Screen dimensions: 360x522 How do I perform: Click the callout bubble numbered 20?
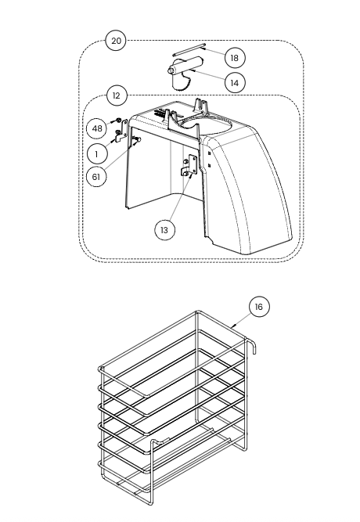(116, 41)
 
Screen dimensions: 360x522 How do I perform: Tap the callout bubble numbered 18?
(235, 58)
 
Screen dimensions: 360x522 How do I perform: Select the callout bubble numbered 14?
(235, 82)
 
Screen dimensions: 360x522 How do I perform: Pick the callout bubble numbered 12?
(116, 96)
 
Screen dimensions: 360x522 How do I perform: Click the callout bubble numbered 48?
(97, 128)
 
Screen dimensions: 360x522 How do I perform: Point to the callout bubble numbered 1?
(96, 154)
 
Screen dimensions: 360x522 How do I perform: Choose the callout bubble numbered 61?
(96, 176)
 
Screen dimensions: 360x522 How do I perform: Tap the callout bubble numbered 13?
(164, 230)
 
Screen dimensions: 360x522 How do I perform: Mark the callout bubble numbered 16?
(259, 307)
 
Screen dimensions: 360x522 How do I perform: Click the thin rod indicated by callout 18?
(189, 49)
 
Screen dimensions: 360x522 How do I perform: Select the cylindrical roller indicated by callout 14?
(185, 65)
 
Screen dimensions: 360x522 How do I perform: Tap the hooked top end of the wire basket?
(252, 345)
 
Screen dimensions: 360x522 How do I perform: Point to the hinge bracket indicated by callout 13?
(188, 166)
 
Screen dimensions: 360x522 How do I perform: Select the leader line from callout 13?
(180, 197)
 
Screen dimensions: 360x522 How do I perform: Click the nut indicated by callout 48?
(117, 120)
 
